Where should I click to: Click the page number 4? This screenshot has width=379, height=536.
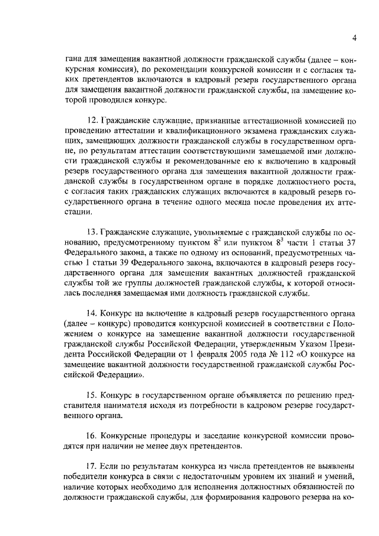tap(354, 38)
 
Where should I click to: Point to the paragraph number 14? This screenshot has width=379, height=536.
tap(91, 313)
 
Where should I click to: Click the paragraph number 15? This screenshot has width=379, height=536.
tap(91, 394)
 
